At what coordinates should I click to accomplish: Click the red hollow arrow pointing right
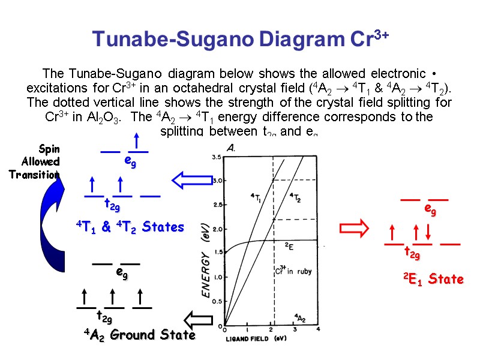[x=354, y=228]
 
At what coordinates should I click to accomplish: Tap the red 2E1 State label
[x=433, y=279]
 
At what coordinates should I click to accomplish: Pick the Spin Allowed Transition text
[x=40, y=161]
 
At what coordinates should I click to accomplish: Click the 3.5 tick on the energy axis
[x=216, y=157]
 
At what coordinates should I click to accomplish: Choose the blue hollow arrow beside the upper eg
[x=187, y=179]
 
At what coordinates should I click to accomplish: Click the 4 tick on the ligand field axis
[x=317, y=329]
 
